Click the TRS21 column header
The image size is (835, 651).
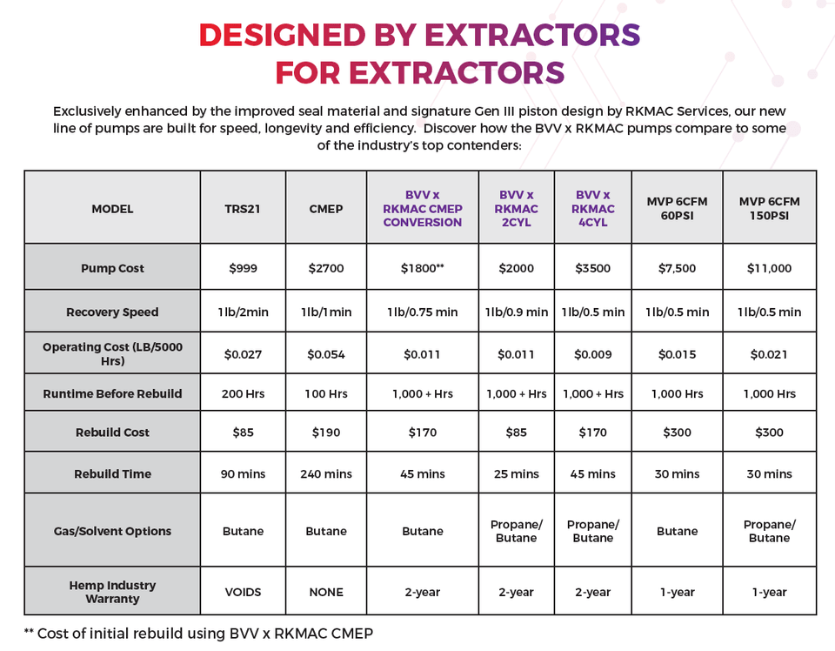click(243, 209)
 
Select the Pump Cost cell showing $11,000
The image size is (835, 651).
click(769, 268)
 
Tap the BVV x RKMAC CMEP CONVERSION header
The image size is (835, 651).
click(423, 209)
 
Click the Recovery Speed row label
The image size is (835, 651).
click(112, 312)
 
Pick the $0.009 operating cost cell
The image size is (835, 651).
click(593, 354)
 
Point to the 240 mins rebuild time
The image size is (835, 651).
click(326, 473)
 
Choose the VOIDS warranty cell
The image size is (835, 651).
click(243, 592)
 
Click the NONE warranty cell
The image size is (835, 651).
click(326, 592)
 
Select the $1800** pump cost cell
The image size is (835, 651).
click(423, 268)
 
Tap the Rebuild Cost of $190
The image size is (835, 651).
click(326, 432)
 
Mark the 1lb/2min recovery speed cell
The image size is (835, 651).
click(243, 312)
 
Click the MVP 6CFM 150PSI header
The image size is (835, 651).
click(769, 209)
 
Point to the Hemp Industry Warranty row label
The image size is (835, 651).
click(112, 592)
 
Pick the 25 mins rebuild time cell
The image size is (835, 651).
click(517, 473)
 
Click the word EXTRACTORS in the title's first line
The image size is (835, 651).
click(532, 34)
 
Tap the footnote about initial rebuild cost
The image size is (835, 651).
click(198, 633)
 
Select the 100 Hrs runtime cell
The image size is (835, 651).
click(326, 393)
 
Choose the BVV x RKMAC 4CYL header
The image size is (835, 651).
click(593, 209)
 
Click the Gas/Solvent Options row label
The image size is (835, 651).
click(112, 531)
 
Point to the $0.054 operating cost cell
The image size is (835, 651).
click(326, 354)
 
